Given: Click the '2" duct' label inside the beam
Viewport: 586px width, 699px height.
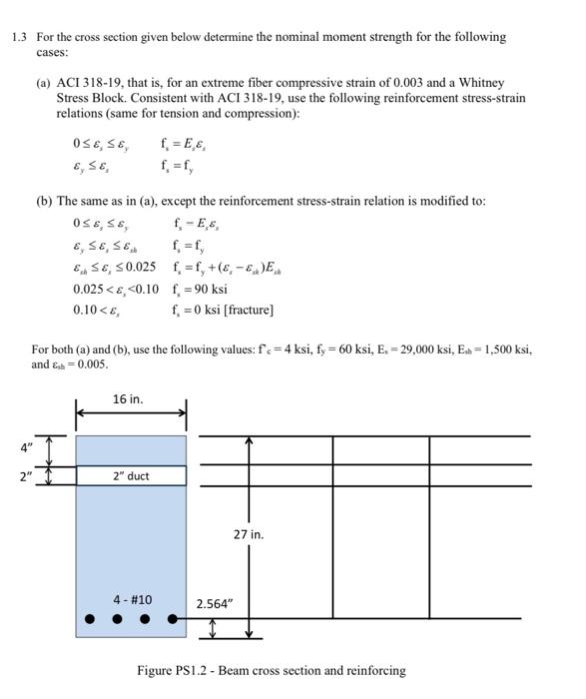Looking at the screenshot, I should coord(130,475).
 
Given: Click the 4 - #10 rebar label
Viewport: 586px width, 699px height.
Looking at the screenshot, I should coord(132,599).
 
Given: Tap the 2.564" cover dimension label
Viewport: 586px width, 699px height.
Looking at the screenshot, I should coord(214,603).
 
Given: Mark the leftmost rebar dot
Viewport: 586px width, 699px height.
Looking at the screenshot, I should coord(89,619).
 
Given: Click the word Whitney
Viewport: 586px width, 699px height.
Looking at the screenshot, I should coord(481,83).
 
